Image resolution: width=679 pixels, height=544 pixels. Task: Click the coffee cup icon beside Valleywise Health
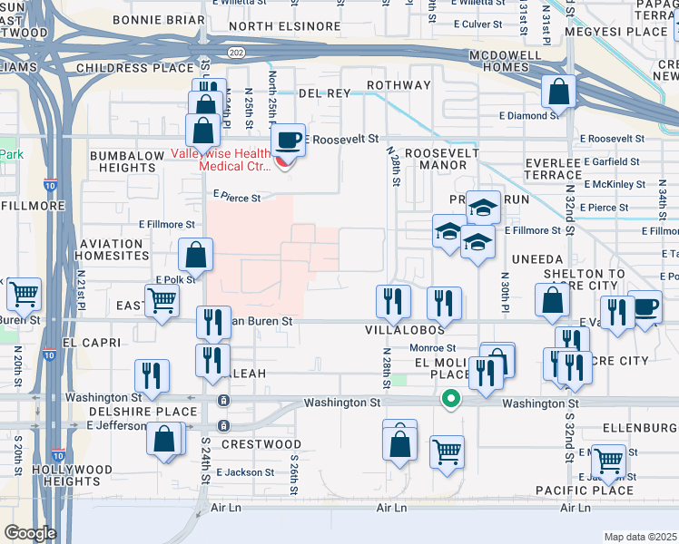289,140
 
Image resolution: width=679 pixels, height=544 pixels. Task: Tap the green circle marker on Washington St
449,399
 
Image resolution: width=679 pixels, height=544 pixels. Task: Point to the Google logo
29,533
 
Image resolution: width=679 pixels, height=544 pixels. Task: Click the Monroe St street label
431,348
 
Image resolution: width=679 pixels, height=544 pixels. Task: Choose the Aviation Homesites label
111,249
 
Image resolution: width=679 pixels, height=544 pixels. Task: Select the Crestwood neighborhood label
261,444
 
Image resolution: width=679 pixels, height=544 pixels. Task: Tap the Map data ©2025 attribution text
640,537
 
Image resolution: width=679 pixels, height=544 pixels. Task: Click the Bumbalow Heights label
126,161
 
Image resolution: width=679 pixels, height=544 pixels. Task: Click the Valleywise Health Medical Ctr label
223,159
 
